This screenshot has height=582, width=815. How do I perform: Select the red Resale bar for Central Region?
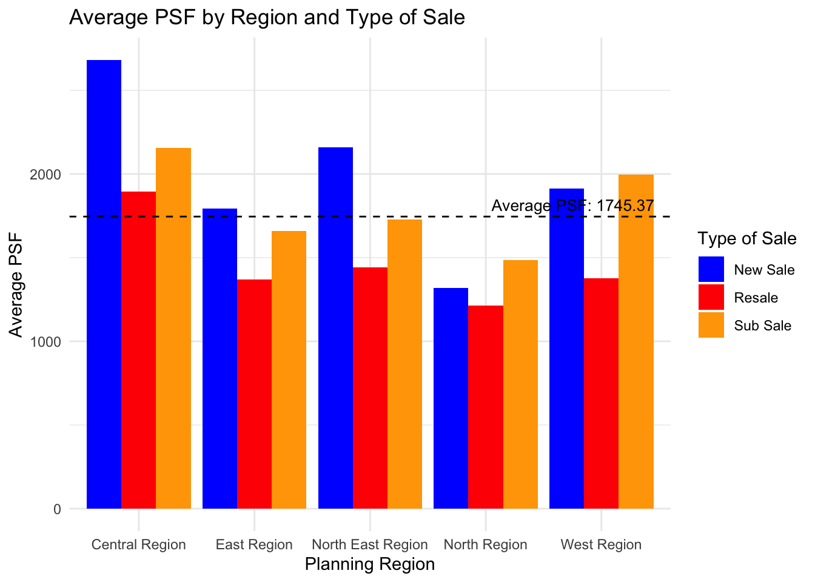point(139,350)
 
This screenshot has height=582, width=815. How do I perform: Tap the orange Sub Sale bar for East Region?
point(289,369)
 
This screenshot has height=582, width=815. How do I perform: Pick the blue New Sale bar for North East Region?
point(335,327)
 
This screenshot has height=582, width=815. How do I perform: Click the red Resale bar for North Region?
point(486,407)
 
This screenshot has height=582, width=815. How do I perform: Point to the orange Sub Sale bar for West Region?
point(636,341)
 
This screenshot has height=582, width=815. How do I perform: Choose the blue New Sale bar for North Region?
point(451,398)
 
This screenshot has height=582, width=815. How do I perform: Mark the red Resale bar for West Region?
point(601,393)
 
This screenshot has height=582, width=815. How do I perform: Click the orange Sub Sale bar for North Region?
point(520,384)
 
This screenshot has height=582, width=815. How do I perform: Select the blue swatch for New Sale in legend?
point(711,269)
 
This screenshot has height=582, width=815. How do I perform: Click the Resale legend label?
point(756,298)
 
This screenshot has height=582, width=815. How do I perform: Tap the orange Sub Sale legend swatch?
point(711,325)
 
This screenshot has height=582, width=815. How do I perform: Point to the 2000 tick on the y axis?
point(49,175)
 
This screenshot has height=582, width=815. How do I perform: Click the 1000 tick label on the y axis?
point(49,342)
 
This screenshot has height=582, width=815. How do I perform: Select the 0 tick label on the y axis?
point(57,509)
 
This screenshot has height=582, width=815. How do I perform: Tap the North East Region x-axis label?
point(369,544)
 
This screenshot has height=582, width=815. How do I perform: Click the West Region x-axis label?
point(601,544)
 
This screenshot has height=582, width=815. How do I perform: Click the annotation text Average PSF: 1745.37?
point(572,206)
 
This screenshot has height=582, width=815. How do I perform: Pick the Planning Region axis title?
point(369,564)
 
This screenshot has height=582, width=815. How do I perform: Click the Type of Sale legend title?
point(746,239)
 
